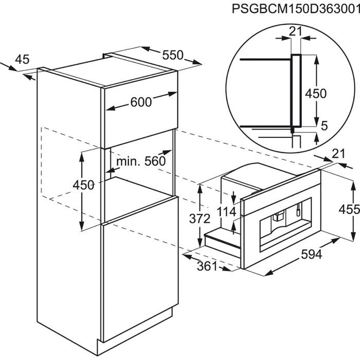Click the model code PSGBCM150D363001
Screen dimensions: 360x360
296,9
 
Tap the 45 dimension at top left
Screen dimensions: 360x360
22,59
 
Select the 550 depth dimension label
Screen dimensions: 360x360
173,55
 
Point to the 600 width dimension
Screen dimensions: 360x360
141,102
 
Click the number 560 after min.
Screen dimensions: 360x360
155,161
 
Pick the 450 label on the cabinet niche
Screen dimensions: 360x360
83,185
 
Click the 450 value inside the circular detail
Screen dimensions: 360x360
316,94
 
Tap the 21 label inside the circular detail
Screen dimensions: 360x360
295,32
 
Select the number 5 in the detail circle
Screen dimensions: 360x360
324,126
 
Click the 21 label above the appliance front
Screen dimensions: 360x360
338,154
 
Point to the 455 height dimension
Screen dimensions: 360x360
349,209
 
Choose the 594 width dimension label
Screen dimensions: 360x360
312,254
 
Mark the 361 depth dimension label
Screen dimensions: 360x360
207,266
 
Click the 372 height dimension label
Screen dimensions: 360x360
200,219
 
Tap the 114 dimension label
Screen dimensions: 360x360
226,212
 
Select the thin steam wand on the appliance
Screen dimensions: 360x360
298,210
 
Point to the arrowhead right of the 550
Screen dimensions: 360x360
197,62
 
